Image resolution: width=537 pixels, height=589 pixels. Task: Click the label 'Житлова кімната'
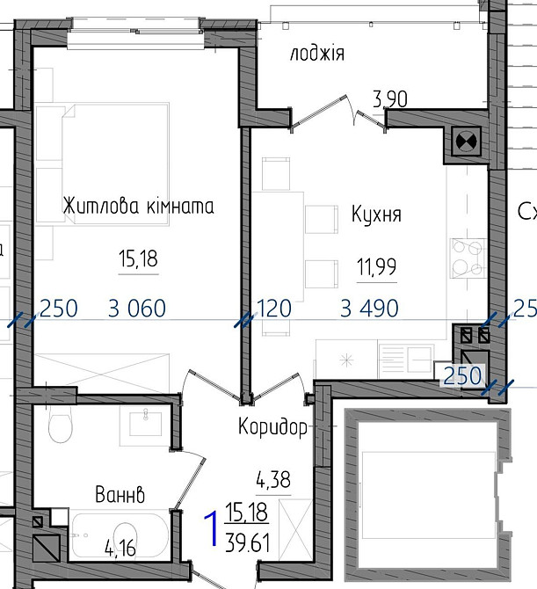click(x=138, y=207)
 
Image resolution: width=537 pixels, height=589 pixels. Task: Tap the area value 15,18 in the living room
click(x=138, y=259)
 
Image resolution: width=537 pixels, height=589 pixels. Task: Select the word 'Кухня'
click(x=376, y=215)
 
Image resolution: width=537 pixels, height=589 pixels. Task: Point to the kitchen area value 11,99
click(x=377, y=267)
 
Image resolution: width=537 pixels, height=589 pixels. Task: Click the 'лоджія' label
click(x=317, y=53)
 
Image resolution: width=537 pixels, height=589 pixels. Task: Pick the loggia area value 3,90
click(x=390, y=100)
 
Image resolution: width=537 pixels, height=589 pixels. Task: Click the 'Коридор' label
click(x=273, y=426)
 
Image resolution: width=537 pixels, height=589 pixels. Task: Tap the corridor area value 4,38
click(x=273, y=480)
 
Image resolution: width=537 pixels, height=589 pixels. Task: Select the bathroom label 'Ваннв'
click(x=120, y=495)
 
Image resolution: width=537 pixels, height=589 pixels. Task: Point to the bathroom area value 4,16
click(x=120, y=549)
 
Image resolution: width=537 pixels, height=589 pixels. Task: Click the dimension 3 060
click(x=137, y=309)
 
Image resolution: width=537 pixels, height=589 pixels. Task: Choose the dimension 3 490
click(x=369, y=309)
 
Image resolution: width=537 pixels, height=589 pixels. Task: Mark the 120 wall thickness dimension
click(x=274, y=309)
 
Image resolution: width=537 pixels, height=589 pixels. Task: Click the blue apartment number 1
click(x=212, y=527)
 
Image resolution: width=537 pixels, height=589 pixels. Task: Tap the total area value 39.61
click(x=248, y=543)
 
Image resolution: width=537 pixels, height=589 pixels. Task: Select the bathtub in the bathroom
click(x=120, y=535)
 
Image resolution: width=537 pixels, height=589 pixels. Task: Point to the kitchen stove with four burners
click(x=467, y=258)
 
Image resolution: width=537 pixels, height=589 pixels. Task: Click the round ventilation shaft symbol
click(x=466, y=142)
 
